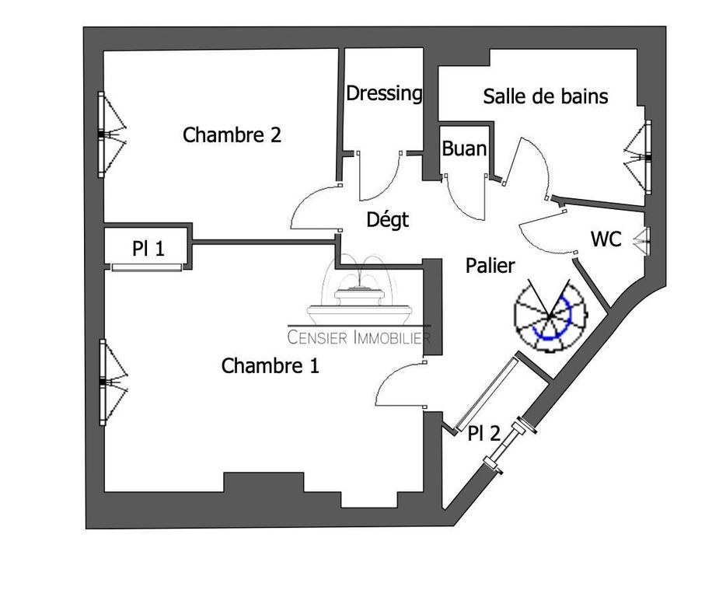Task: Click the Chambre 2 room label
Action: tap(232, 135)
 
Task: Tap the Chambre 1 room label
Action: tap(270, 366)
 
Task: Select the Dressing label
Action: tap(384, 94)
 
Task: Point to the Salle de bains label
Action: tap(545, 96)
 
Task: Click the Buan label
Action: tap(464, 148)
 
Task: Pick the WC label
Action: tap(606, 240)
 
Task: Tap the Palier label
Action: tap(490, 266)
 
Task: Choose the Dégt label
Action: tap(387, 221)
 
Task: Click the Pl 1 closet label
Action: tap(148, 250)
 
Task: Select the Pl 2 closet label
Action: tap(483, 435)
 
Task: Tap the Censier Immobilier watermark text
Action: tap(359, 337)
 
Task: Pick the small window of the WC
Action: tap(643, 240)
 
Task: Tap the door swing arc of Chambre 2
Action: tap(313, 210)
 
